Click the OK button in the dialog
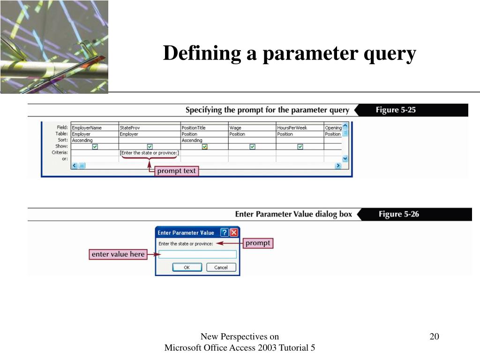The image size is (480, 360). [187, 267]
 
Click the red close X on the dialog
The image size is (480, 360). [234, 232]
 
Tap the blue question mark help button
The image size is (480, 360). [224, 232]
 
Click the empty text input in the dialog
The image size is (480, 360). [197, 255]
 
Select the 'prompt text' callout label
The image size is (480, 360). [176, 171]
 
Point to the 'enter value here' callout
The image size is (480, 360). [118, 255]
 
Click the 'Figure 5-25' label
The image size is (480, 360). [396, 110]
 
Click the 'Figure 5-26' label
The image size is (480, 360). [398, 214]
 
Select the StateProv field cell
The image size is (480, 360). [149, 127]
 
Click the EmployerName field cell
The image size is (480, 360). [94, 127]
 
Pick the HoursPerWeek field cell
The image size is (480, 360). [299, 127]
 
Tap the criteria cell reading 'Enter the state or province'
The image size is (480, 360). [149, 153]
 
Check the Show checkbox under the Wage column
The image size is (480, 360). [252, 147]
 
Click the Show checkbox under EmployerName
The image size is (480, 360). [95, 147]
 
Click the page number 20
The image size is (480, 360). [434, 337]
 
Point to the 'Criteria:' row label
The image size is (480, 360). [60, 153]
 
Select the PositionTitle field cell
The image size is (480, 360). [204, 127]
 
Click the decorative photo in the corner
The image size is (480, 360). [54, 47]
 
